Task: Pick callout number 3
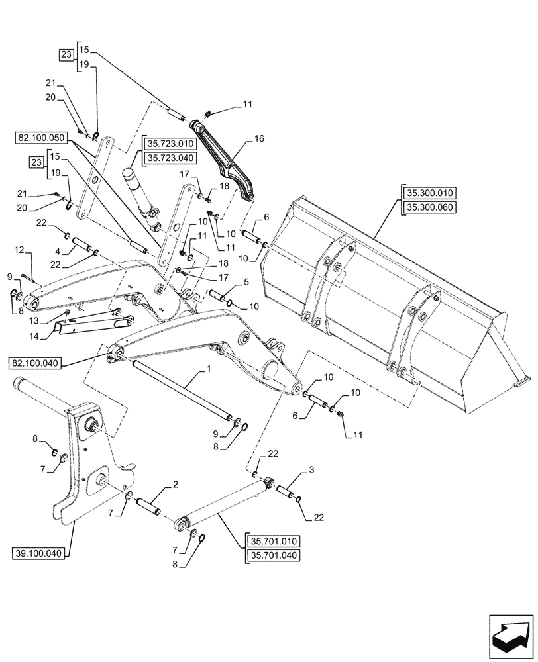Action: point(309,469)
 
